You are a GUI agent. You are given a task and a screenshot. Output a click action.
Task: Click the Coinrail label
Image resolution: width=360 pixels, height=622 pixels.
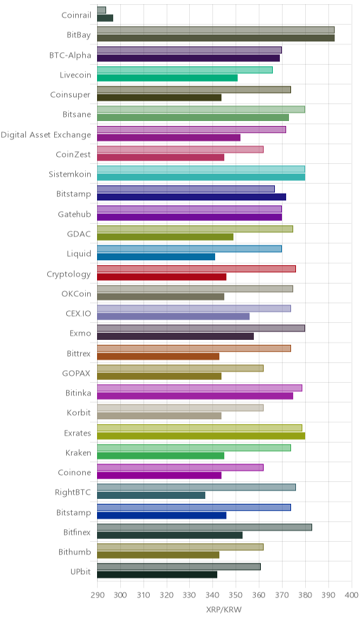coord(76,15)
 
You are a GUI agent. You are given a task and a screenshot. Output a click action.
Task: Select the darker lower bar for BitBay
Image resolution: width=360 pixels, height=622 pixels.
coord(216,38)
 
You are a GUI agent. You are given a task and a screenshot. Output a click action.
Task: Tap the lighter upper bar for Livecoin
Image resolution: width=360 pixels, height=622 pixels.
coord(185,70)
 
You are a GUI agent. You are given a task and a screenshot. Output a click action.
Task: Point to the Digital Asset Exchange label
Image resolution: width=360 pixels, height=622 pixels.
coord(46,135)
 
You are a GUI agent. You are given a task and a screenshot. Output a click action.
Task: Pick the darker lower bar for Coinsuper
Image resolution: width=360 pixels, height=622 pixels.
coord(160,98)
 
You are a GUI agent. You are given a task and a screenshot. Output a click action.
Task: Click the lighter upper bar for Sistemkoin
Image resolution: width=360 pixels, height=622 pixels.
coord(201,169)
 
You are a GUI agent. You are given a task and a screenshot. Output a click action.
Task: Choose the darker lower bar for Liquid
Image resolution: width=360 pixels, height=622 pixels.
coord(156,257)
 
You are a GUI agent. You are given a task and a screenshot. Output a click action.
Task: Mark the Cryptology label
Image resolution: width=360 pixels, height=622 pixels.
coord(69,274)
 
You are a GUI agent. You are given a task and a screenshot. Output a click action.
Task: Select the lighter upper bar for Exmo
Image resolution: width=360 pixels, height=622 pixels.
coord(201,328)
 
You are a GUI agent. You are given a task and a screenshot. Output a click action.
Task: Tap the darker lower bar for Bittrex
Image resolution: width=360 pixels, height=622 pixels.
coord(158,356)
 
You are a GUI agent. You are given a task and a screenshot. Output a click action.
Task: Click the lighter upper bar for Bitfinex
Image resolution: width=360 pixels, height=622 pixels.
coord(205,527)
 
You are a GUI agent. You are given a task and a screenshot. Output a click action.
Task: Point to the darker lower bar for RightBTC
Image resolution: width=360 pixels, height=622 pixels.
coord(151,495)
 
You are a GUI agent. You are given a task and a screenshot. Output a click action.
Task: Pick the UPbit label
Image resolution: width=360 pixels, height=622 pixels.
coord(80,572)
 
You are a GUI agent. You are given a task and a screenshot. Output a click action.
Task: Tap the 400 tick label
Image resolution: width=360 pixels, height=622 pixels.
coord(352,595)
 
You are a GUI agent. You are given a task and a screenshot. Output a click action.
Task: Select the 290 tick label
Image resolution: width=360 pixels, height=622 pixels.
coord(97,595)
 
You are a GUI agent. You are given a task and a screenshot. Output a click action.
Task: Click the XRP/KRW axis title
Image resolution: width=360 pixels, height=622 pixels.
coord(224,610)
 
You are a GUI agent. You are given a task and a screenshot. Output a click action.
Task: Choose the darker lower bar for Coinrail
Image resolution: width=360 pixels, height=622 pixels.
coord(105,18)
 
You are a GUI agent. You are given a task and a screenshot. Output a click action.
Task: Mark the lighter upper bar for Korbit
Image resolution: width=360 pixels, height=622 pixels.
coord(181,407)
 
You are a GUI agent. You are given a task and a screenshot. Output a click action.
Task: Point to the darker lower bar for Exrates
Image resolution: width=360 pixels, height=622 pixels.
coord(201,436)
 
